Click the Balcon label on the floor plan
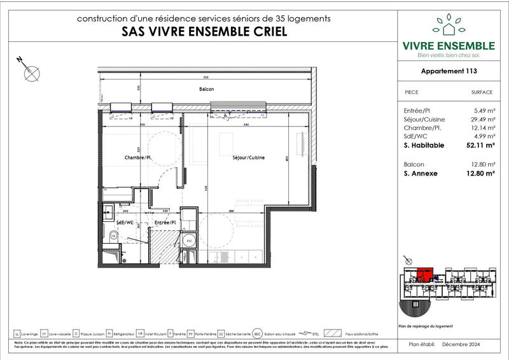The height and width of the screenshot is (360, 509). tap(206, 90)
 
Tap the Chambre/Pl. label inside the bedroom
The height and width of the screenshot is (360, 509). tap(137, 158)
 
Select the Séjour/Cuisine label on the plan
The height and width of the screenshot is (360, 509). tap(249, 158)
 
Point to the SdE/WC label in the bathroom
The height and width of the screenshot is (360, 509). tap(125, 223)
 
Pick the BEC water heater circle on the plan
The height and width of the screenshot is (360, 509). tap(189, 242)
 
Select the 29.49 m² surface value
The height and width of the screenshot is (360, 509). tap(482, 119)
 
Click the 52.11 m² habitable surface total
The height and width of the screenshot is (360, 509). tap(480, 146)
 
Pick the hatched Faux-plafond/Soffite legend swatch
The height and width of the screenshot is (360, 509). tap(334, 333)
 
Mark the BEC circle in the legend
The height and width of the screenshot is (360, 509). tap(258, 333)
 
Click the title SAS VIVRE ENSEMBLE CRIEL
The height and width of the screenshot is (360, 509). tap(203, 31)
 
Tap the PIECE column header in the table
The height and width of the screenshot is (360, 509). tap(412, 92)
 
